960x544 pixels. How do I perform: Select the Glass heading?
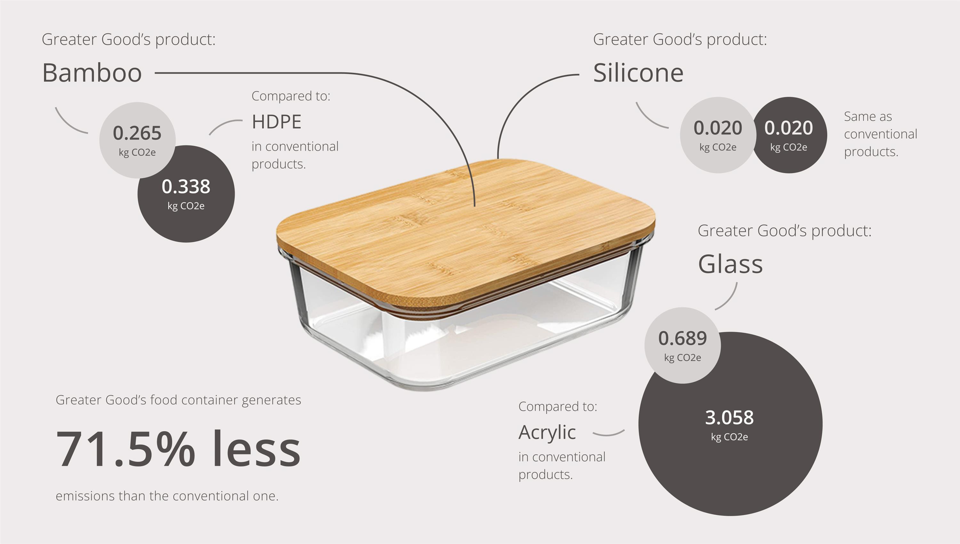[730, 264]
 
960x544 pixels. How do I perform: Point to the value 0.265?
[137, 133]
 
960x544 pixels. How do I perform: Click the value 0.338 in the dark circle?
[186, 186]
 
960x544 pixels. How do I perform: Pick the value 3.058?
[729, 417]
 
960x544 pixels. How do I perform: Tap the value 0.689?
[683, 338]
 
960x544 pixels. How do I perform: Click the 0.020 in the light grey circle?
[718, 128]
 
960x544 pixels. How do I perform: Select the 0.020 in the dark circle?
[788, 128]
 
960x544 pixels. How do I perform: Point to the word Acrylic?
[547, 433]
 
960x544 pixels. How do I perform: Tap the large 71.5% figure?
[125, 448]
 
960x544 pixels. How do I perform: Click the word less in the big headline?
[256, 448]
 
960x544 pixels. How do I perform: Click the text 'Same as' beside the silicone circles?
[868, 117]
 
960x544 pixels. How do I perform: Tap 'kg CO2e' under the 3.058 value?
[729, 437]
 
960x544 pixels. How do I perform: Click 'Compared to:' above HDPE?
[291, 96]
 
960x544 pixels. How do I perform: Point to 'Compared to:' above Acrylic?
[558, 407]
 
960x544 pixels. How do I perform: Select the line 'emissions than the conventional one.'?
[167, 496]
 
